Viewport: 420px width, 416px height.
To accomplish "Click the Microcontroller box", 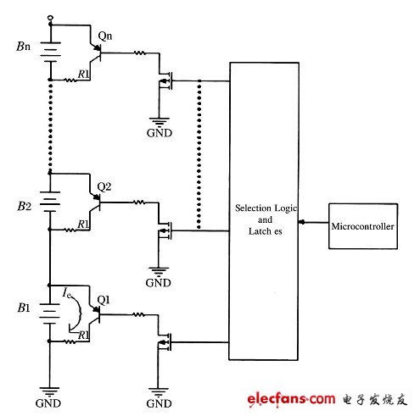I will pos(362,225).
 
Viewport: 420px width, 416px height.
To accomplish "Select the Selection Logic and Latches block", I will pos(264,213).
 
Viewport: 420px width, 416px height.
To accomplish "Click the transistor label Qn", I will pos(105,36).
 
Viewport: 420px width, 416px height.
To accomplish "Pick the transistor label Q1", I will pos(105,298).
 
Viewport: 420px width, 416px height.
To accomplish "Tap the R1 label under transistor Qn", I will pos(82,75).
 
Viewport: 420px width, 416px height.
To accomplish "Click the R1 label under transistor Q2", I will pos(82,224).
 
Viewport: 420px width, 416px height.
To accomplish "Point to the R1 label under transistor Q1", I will pos(82,336).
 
